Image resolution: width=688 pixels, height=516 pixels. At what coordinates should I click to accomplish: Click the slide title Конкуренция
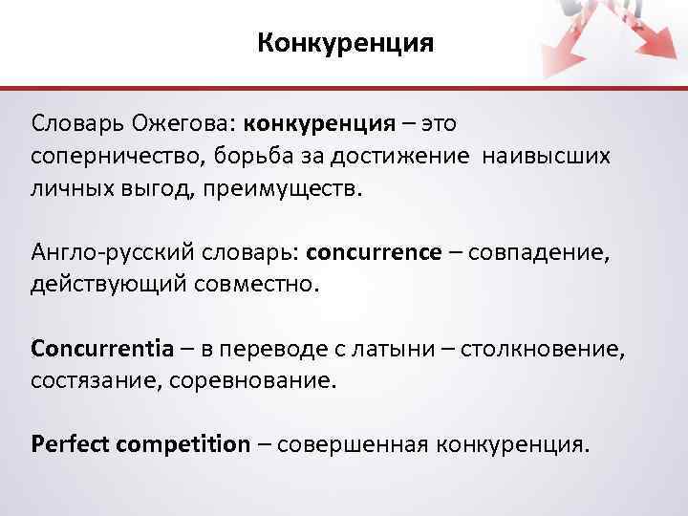345,43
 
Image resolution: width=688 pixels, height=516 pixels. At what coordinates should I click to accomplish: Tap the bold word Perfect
72,444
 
